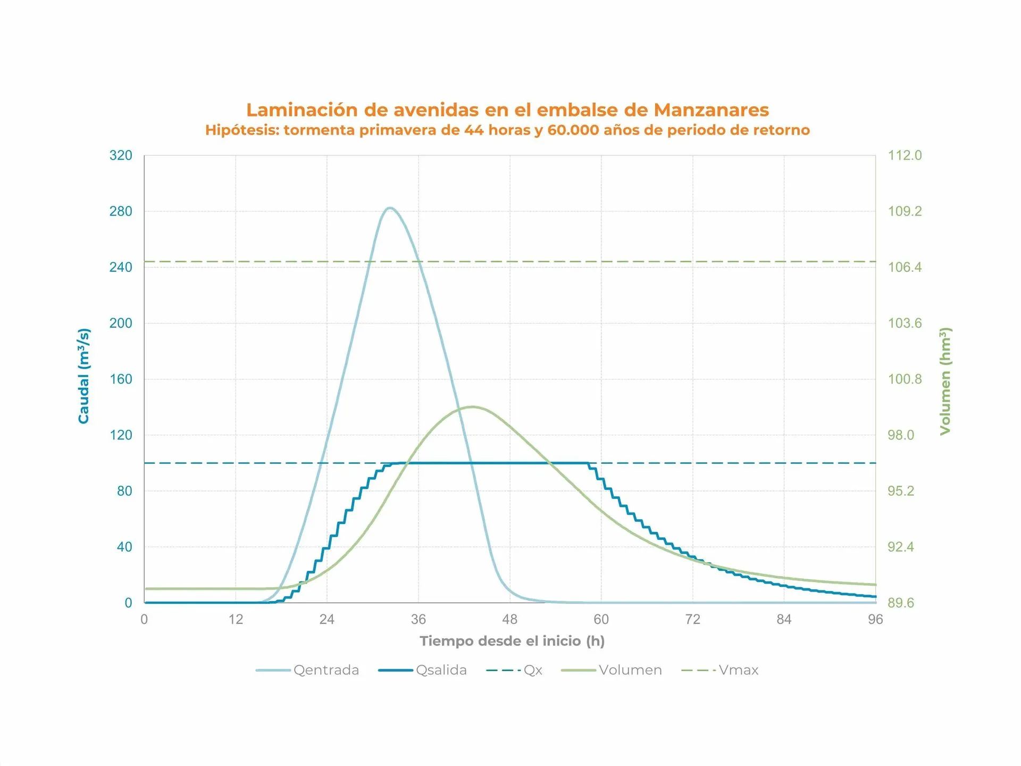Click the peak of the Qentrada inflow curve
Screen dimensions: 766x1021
click(390, 207)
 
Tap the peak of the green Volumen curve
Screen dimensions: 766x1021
click(473, 407)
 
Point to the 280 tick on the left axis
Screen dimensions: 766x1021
click(121, 211)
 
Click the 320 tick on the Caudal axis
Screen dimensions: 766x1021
click(121, 155)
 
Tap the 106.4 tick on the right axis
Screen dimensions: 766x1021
click(905, 267)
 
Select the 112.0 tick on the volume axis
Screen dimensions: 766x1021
click(905, 155)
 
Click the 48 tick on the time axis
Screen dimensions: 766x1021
click(509, 619)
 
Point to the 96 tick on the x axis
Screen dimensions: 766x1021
click(875, 619)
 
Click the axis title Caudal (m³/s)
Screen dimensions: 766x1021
click(84, 376)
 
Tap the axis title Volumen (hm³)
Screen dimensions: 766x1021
click(945, 381)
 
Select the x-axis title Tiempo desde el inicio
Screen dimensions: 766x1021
click(512, 641)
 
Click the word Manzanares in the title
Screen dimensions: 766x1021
click(711, 110)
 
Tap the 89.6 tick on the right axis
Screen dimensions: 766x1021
click(901, 603)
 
